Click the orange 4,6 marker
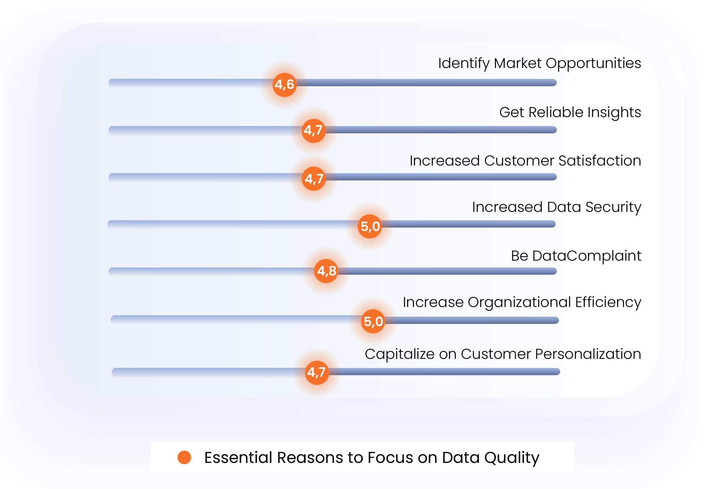point(284,85)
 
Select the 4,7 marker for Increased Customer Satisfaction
point(314,179)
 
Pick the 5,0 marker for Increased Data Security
point(370,226)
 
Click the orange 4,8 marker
point(326,271)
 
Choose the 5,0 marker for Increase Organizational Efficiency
point(373,321)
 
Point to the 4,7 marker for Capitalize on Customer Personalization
point(317,373)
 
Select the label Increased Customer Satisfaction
point(525,161)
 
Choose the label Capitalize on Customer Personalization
point(503,354)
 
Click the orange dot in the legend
point(184,457)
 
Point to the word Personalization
point(588,354)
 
